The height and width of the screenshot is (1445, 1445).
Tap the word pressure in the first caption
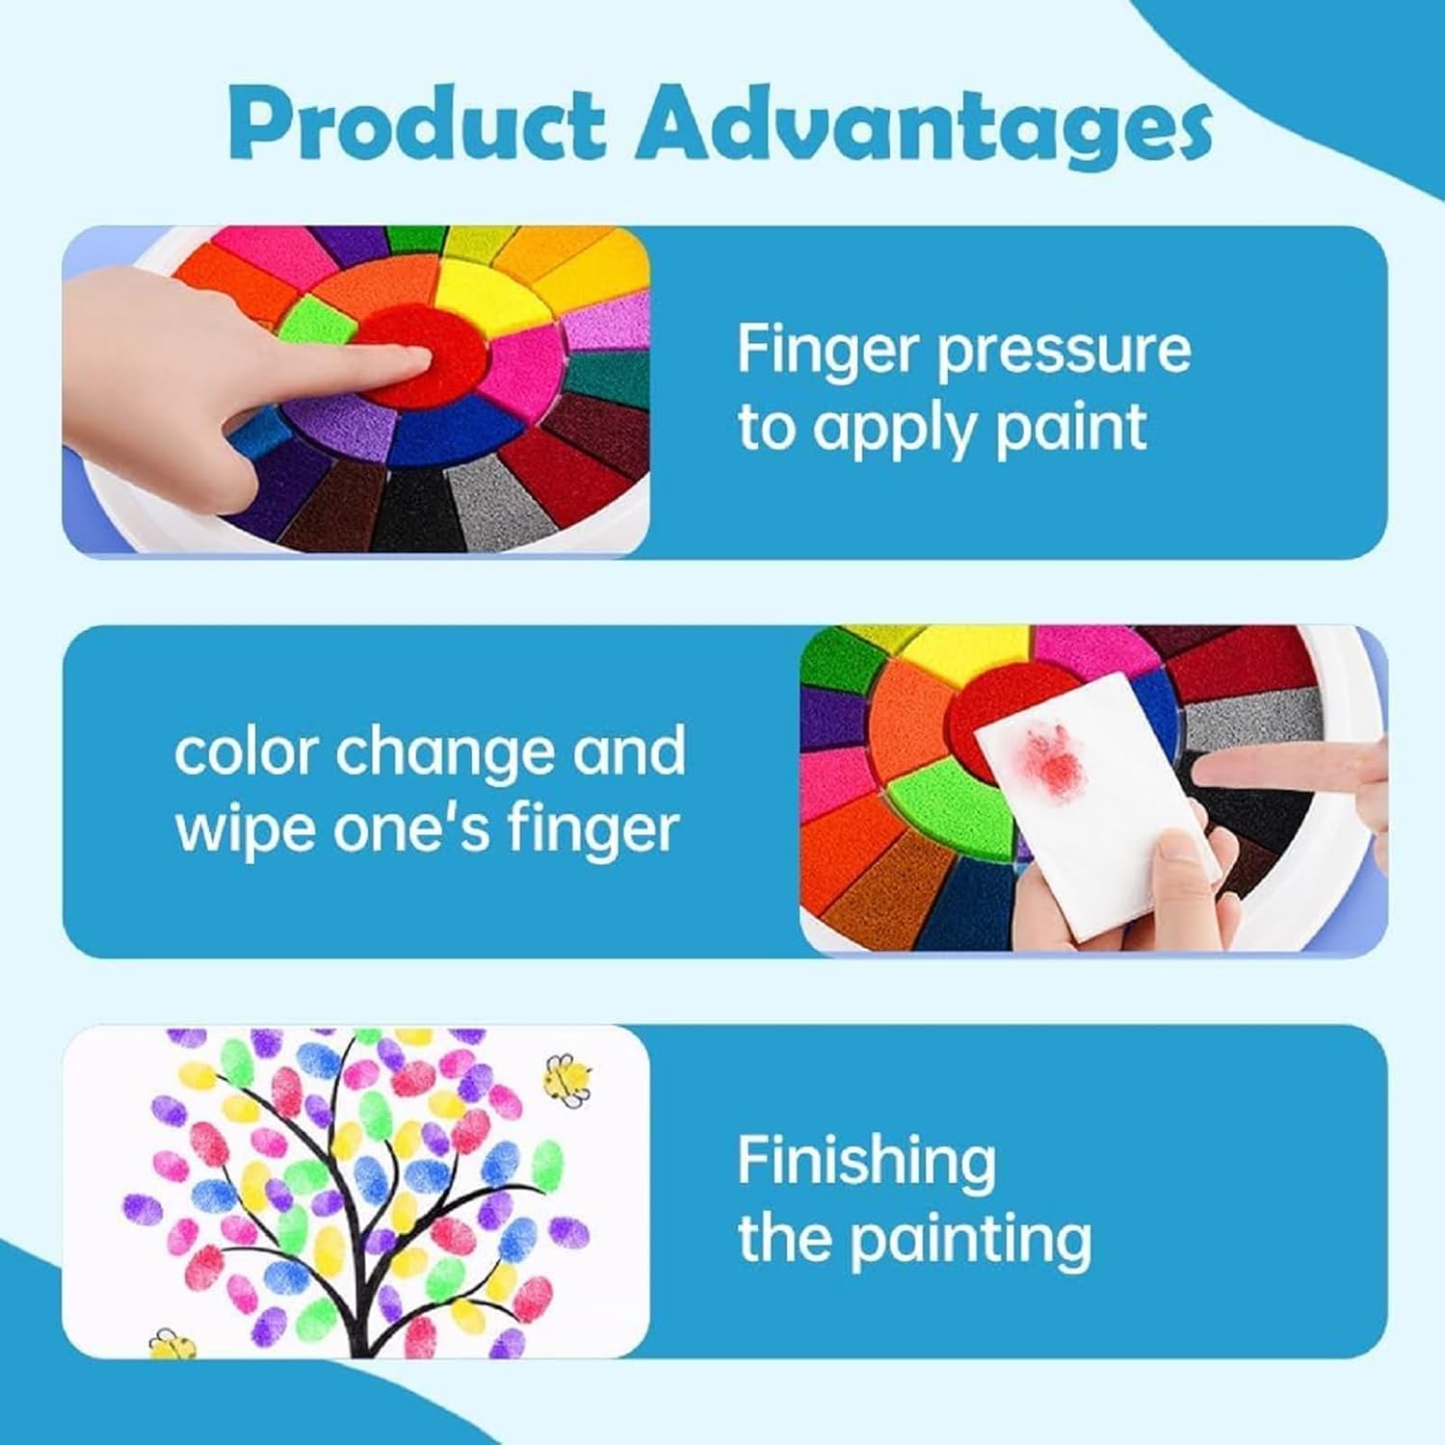[1064, 352]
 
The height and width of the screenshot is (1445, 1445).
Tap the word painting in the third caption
[972, 1239]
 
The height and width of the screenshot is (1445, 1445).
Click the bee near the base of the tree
[172, 1342]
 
